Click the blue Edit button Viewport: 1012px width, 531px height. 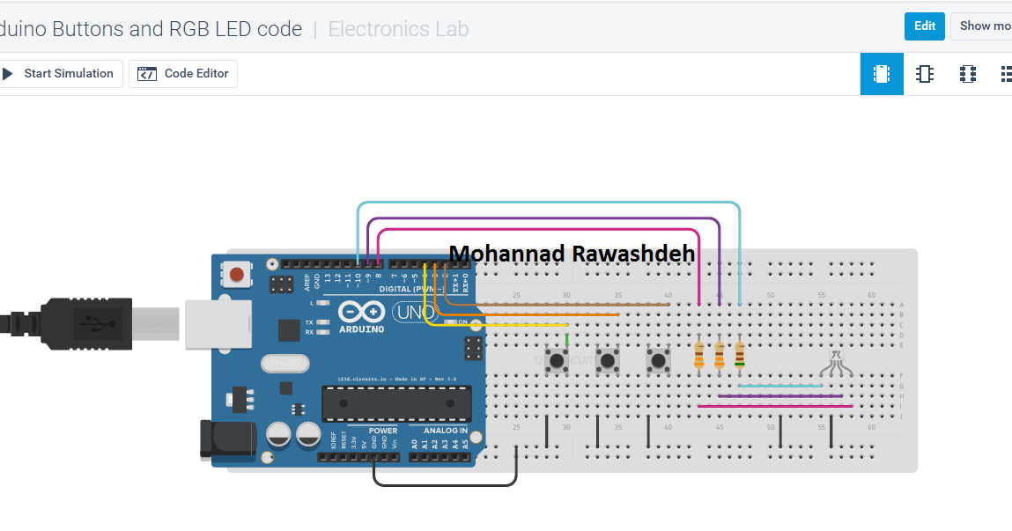click(924, 26)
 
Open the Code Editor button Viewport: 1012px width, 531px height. click(183, 74)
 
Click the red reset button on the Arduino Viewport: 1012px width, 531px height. click(236, 274)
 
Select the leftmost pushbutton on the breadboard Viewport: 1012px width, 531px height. click(557, 359)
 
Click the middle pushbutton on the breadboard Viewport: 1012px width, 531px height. click(607, 359)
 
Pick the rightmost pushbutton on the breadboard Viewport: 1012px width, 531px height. click(657, 359)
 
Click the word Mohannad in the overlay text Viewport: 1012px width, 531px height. click(506, 254)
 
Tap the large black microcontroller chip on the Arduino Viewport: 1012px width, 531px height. click(395, 402)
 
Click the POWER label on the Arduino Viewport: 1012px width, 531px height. click(383, 431)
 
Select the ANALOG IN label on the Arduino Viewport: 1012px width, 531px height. click(446, 431)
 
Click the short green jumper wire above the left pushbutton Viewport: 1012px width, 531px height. click(566, 339)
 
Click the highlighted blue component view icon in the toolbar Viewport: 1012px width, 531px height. click(881, 74)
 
